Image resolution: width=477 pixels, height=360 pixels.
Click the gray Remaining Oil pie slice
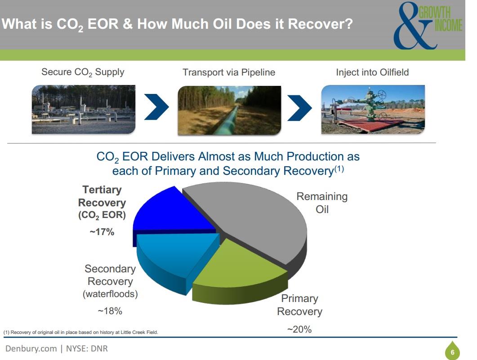click(x=253, y=219)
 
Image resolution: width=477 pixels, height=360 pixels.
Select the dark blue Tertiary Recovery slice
click(x=170, y=213)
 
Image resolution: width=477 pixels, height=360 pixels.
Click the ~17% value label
click(x=102, y=232)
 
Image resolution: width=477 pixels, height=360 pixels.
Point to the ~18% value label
click(x=110, y=311)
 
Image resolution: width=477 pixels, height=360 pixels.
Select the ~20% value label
click(x=299, y=329)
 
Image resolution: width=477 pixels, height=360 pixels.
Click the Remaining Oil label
click(x=322, y=203)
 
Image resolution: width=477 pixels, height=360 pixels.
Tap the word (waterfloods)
click(x=110, y=294)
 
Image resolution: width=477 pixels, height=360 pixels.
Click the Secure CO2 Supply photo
click(x=83, y=110)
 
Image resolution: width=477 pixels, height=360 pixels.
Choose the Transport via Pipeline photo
click(x=229, y=111)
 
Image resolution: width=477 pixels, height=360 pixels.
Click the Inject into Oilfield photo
click(x=373, y=110)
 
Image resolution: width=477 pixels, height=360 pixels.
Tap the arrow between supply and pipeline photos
click(x=156, y=107)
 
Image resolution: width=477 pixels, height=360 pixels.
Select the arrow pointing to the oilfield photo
click(x=300, y=108)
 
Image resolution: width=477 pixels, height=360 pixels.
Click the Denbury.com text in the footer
click(x=31, y=348)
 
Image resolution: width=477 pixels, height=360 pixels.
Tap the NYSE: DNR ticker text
click(x=87, y=348)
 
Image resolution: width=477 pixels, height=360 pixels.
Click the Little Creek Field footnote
click(x=81, y=332)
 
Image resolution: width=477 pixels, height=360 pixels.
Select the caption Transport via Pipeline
click(x=229, y=72)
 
